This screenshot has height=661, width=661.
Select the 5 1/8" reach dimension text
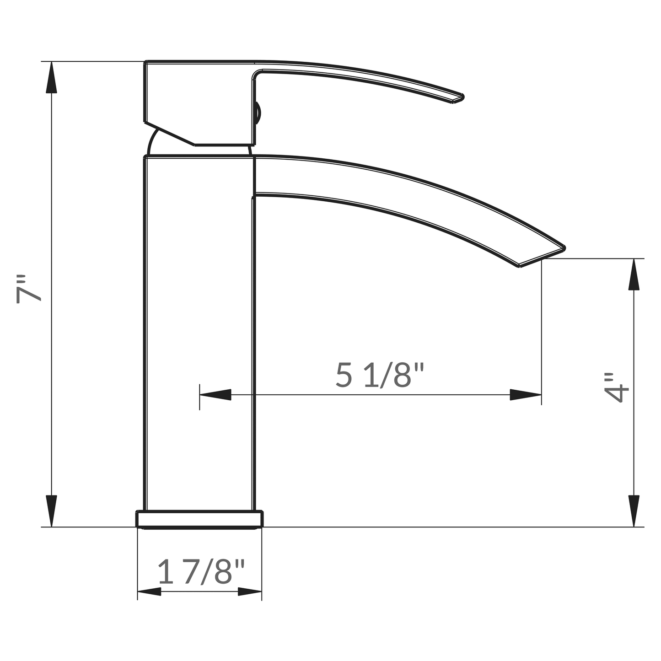pos(380,375)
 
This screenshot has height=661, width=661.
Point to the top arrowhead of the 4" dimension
pos(634,274)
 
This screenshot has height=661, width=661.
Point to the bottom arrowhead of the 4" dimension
pos(634,511)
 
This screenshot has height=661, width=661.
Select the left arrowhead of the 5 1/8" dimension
pos(215,395)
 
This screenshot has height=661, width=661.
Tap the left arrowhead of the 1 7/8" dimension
pos(149,592)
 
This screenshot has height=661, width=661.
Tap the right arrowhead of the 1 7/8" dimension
pos(250,592)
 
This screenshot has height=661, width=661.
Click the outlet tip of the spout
pos(542,256)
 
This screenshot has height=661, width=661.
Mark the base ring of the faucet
pos(199,519)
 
